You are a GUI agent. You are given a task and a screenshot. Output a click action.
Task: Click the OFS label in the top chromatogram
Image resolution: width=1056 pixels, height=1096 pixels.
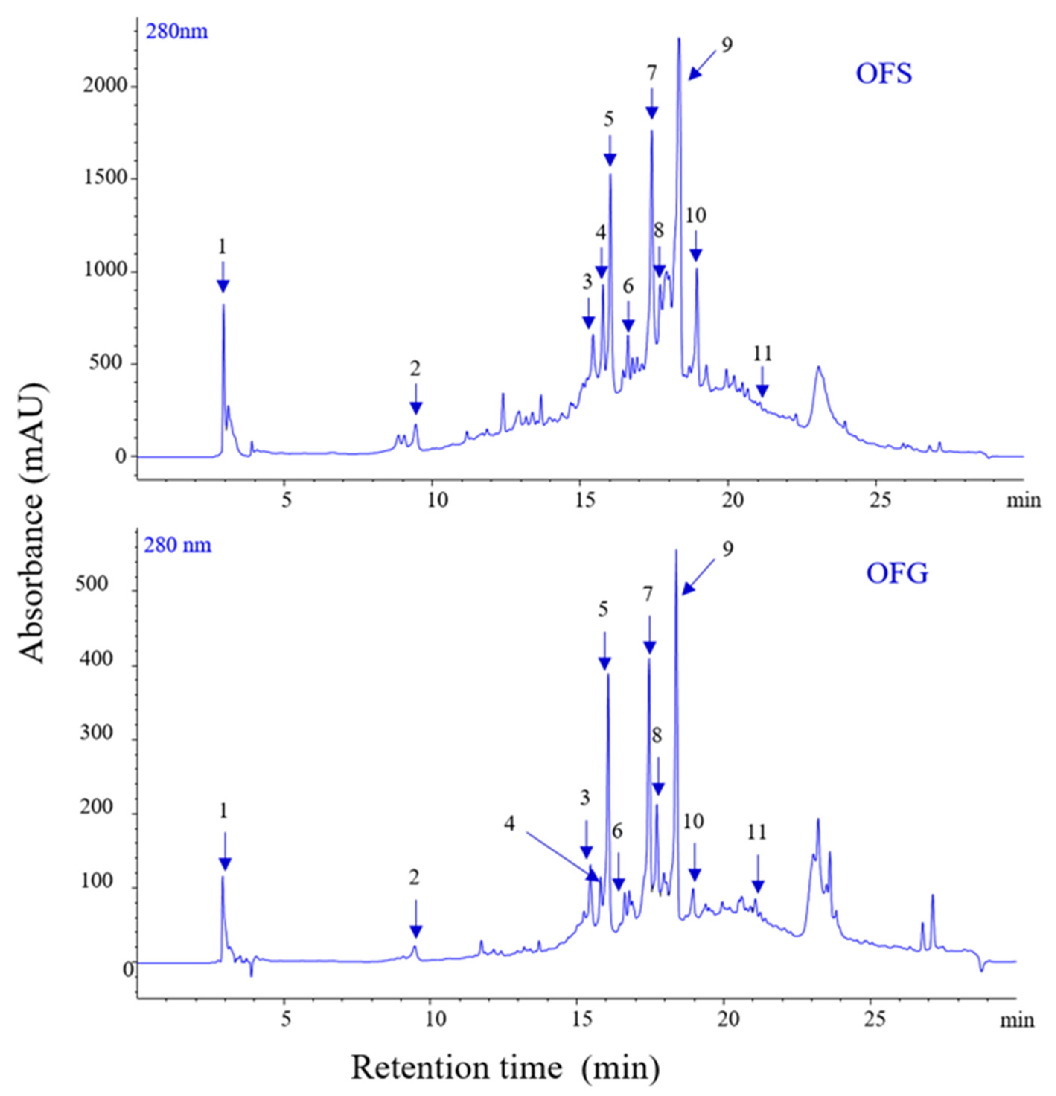(x=884, y=73)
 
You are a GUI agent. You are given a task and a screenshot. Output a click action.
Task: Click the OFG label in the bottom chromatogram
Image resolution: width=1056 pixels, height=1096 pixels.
(x=897, y=573)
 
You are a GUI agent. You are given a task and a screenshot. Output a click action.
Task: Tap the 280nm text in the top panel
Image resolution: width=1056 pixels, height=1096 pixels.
(x=177, y=31)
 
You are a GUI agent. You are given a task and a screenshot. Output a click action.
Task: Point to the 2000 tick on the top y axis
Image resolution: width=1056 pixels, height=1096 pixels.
(x=105, y=87)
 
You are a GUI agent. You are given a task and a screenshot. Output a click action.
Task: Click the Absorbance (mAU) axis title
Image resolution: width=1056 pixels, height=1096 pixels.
(x=32, y=523)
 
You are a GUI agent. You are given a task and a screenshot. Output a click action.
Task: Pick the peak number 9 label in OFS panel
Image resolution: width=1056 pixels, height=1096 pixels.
(x=727, y=45)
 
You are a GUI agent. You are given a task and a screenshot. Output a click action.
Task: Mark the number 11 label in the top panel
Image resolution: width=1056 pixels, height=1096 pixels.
(x=762, y=354)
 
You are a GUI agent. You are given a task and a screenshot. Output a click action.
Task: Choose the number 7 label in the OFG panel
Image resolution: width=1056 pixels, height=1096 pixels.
(x=648, y=594)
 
